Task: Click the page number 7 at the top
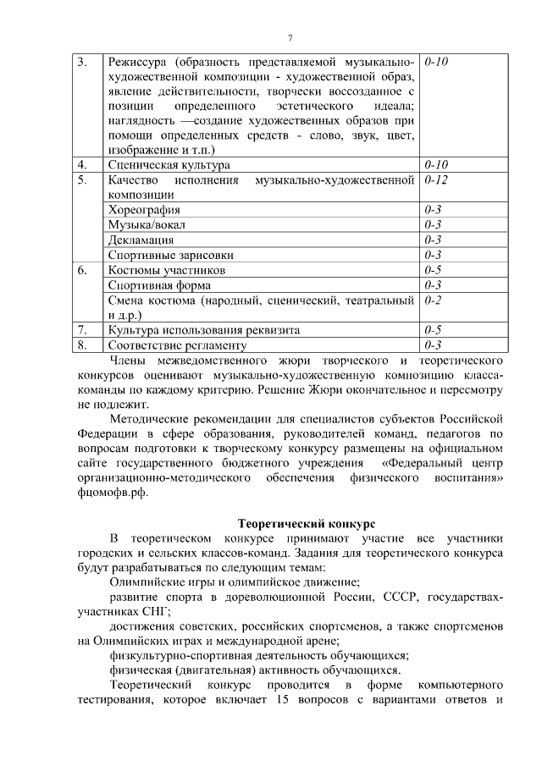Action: tap(290, 37)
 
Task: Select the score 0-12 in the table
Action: tap(436, 180)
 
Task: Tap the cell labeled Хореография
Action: tap(144, 209)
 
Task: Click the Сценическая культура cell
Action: tap(169, 164)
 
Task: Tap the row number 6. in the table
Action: tap(82, 270)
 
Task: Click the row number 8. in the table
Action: tap(82, 345)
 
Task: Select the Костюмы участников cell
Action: tap(167, 270)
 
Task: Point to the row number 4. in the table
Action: tap(82, 164)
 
